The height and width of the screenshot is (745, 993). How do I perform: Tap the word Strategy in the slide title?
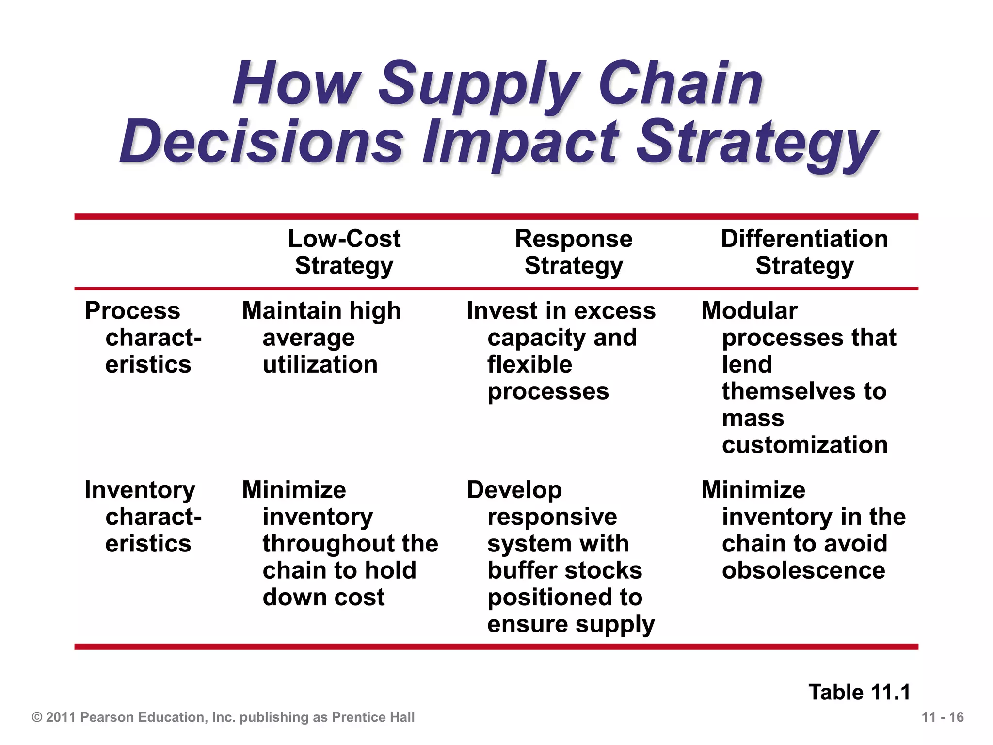[x=756, y=143]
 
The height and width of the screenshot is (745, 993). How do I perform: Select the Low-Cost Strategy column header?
[x=344, y=252]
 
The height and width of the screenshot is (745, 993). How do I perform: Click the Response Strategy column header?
[x=574, y=252]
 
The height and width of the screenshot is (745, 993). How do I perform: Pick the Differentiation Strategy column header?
[x=804, y=252]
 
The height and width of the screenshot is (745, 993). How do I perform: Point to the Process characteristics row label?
[x=143, y=337]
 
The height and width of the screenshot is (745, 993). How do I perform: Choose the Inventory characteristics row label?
[x=143, y=517]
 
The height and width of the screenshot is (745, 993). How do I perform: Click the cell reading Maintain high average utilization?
[x=321, y=337]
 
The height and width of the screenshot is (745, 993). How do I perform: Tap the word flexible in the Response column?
[x=529, y=364]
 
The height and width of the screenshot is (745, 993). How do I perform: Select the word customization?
[x=804, y=445]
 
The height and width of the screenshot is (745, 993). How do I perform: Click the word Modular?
[x=749, y=310]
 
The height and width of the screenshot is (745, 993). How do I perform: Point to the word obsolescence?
[x=803, y=570]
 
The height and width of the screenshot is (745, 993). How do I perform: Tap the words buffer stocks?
[x=564, y=570]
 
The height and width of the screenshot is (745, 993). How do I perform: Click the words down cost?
[x=323, y=597]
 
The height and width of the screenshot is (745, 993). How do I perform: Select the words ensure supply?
[x=571, y=624]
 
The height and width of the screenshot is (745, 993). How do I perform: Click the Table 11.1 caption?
[x=859, y=692]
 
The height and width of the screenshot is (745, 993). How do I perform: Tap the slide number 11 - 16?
[x=942, y=717]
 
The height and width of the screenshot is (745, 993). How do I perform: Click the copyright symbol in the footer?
[x=37, y=717]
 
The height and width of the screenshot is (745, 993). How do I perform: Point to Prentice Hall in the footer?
[x=373, y=717]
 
